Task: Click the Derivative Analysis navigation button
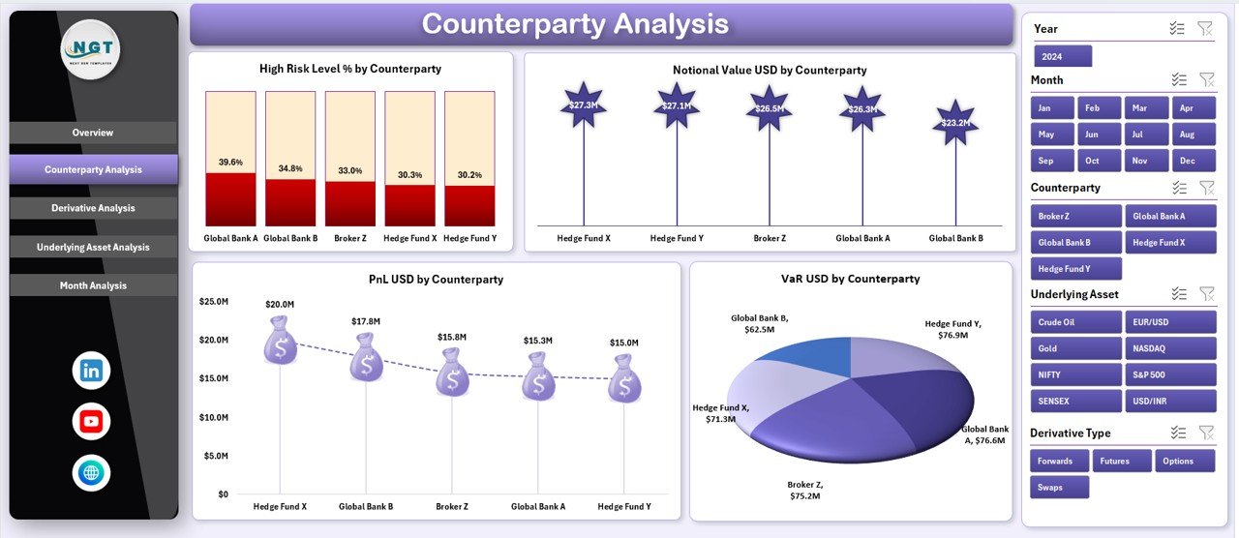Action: point(93,208)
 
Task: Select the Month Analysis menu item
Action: point(93,285)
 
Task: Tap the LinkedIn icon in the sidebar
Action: point(91,370)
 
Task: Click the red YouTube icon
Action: point(91,422)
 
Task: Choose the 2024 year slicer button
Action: point(1062,56)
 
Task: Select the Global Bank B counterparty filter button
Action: point(1075,242)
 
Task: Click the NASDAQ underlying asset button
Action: point(1170,348)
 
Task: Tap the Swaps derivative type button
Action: point(1059,487)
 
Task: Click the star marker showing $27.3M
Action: point(583,105)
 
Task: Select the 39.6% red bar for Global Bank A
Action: point(230,199)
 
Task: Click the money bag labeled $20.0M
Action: point(281,344)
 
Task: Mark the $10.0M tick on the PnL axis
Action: point(213,417)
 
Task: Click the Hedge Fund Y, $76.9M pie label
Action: point(952,330)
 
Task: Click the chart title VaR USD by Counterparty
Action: point(850,279)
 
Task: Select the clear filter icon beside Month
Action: point(1206,79)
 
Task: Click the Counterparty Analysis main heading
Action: point(575,23)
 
